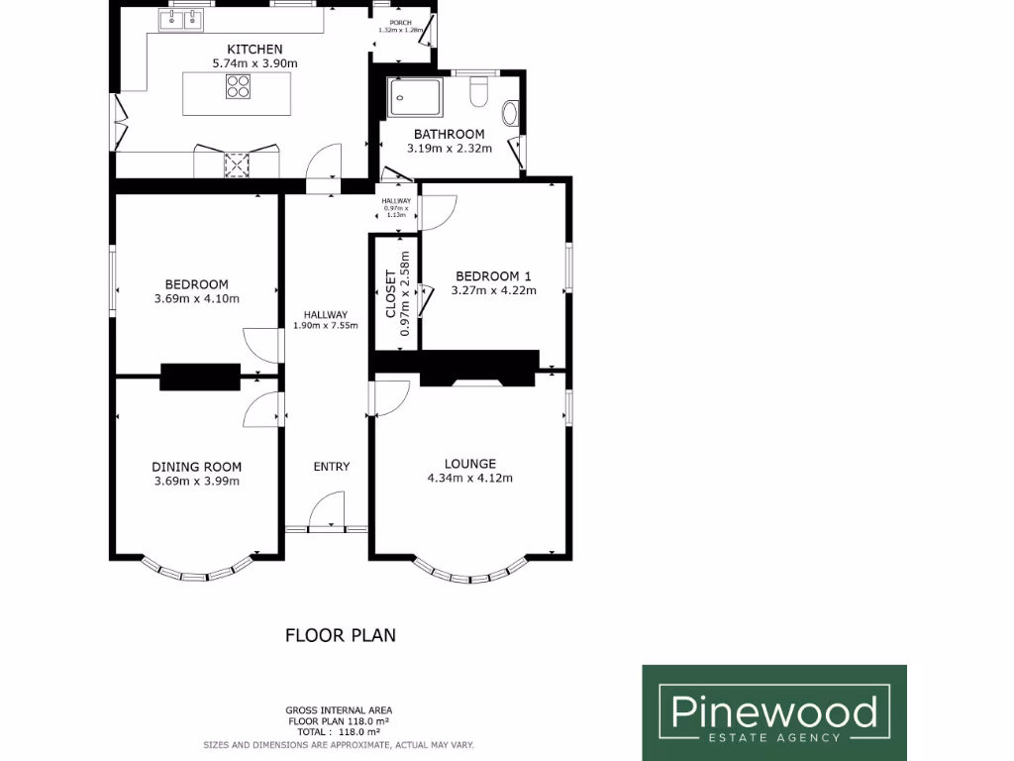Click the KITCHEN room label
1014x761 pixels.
254,50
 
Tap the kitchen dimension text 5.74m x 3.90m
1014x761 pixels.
254,63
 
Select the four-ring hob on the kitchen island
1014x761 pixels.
238,86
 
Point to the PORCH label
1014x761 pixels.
400,22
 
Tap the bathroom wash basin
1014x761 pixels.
510,113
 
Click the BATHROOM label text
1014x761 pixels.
449,135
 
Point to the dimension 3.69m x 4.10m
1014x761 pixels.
197,298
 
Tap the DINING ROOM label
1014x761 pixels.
196,467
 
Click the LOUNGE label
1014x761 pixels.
469,464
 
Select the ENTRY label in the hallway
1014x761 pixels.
331,467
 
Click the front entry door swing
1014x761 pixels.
326,514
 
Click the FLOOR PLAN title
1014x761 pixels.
341,635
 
